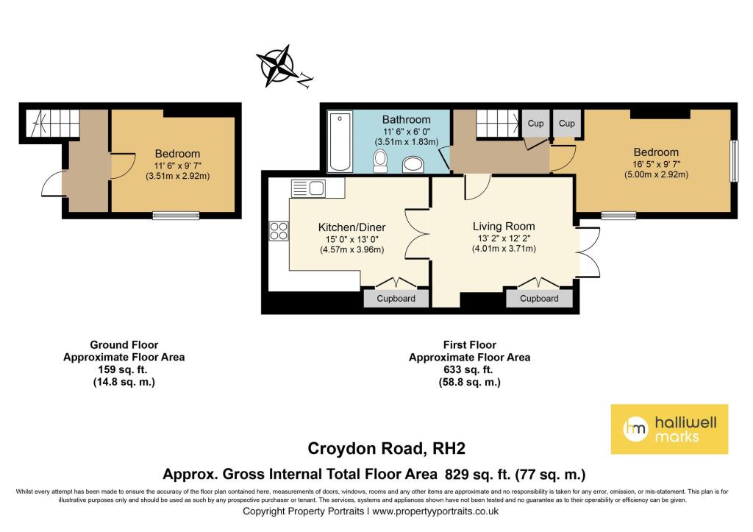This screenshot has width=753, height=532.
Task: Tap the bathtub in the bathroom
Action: coord(340,141)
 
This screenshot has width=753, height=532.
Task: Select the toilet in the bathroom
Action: coord(380,160)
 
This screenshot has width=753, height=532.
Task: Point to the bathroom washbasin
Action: coord(413,164)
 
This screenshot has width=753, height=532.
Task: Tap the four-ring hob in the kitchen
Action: coord(279,230)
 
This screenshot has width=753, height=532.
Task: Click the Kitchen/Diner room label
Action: coord(351,227)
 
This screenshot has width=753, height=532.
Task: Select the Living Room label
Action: coord(504,227)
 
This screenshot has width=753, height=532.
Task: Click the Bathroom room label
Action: coord(406,120)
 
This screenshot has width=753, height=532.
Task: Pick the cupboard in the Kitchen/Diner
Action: coord(396,298)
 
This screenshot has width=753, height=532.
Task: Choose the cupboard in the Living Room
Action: coord(539,298)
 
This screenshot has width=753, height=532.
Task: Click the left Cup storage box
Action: coord(535,124)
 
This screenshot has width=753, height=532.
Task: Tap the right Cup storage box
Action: coord(567,124)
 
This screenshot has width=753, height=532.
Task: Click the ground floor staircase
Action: coord(53,123)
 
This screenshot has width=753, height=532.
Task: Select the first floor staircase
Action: coord(499,123)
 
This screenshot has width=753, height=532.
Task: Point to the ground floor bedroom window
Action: coord(176,216)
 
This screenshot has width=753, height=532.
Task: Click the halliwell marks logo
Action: coord(669,429)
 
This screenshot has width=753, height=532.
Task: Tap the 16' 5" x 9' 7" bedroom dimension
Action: coord(656,164)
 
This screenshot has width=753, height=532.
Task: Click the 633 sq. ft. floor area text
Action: coord(470,370)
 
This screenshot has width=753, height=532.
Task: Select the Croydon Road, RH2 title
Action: coord(387,448)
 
